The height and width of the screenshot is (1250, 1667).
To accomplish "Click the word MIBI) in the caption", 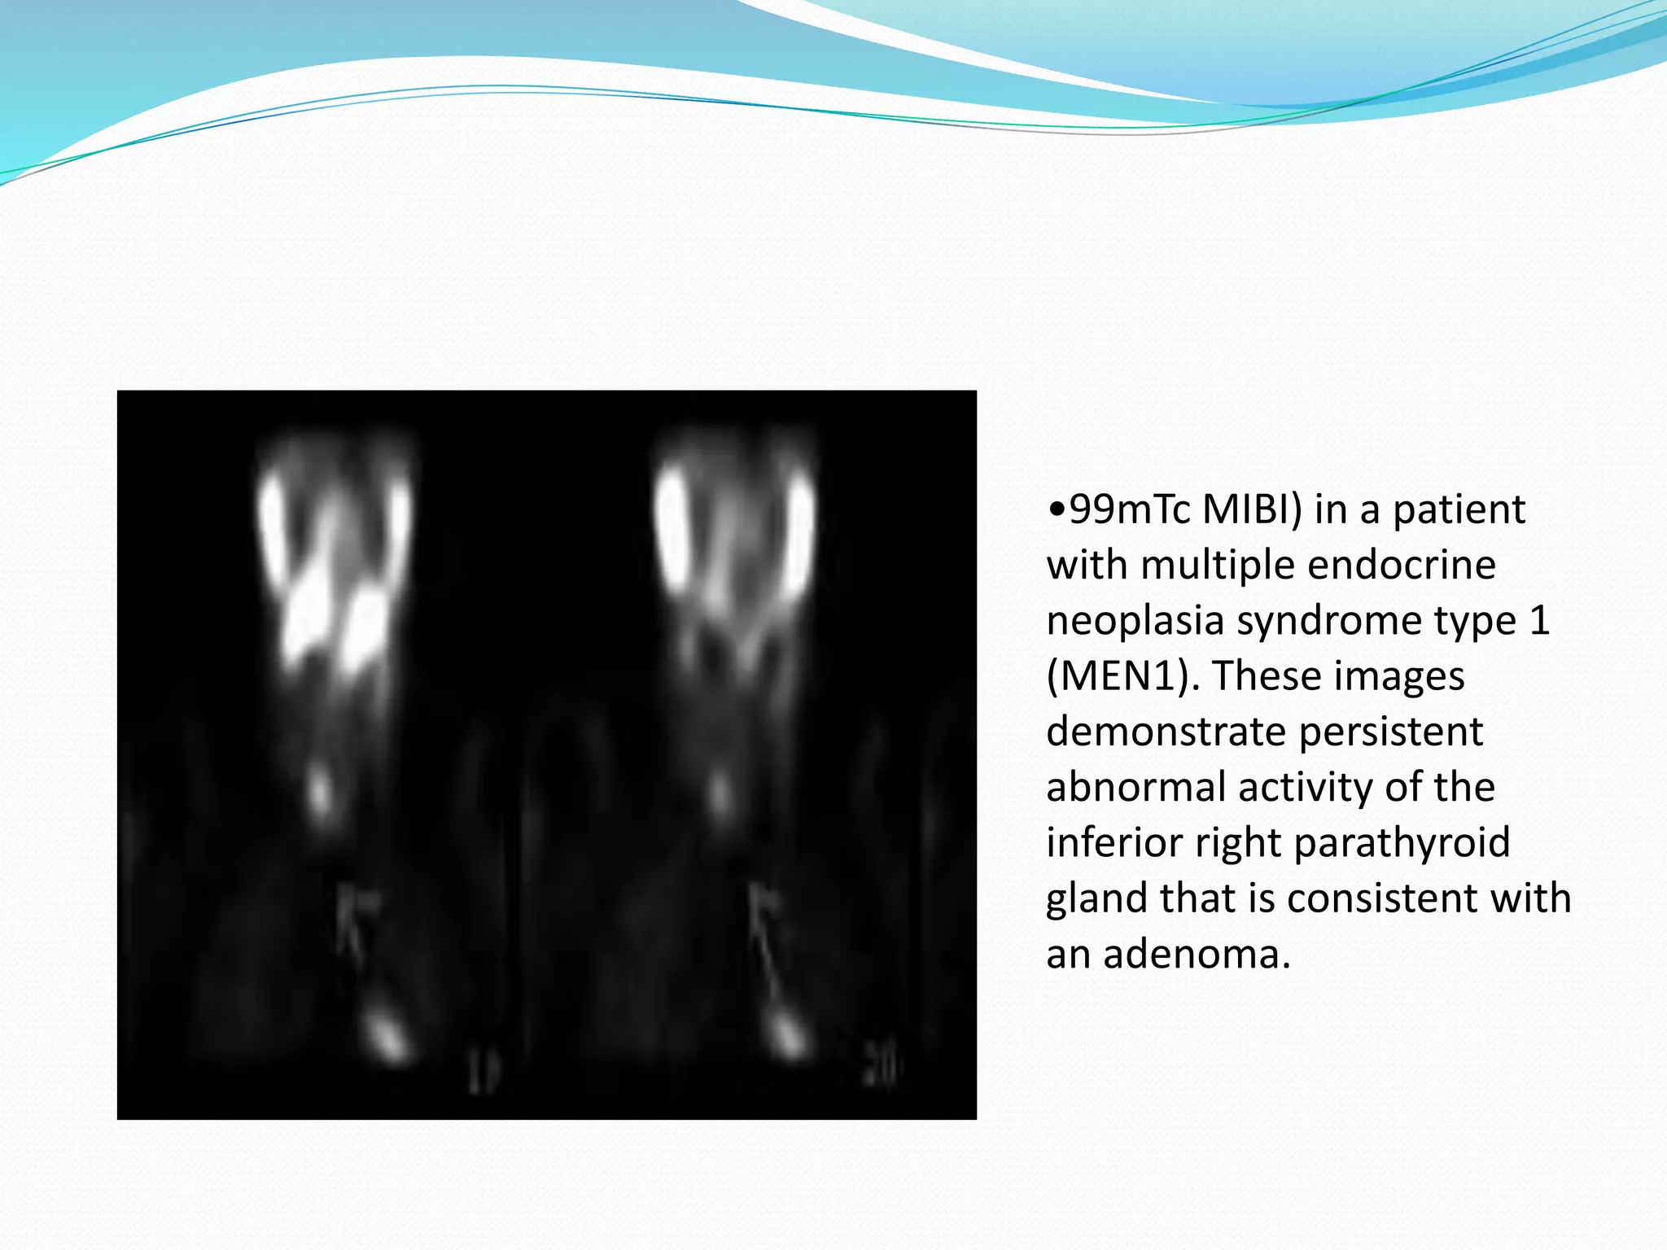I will coord(1252,510).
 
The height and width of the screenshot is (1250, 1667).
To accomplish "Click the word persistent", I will coord(1390,732).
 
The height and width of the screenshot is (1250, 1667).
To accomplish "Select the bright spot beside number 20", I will coord(786,1034).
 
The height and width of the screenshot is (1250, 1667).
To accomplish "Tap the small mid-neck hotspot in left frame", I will coord(321,791).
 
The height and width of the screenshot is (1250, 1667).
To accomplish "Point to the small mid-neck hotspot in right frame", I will coord(720,791).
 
